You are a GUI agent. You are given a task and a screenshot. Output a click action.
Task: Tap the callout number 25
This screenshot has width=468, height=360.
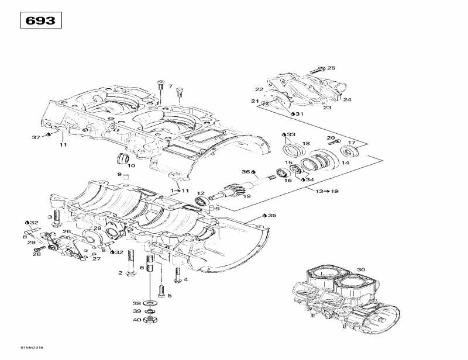coord(331,68)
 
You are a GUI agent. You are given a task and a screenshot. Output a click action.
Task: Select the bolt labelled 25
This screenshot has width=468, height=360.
coord(316,70)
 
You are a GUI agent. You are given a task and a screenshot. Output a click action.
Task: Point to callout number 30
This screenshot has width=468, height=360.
coord(360,269)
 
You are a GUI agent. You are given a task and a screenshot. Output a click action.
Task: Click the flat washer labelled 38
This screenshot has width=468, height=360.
coord(150,303)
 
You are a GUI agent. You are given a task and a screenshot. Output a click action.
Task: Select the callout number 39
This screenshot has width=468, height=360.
coord(136,311)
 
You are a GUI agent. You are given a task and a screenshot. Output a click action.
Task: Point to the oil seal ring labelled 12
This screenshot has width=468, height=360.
coord(200,202)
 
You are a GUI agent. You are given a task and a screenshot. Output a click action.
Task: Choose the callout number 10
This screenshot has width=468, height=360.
coord(131,166)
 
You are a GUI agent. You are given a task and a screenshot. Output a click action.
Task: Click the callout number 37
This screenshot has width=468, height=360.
coord(36,137)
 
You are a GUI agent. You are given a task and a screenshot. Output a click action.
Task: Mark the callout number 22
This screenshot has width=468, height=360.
coord(259,89)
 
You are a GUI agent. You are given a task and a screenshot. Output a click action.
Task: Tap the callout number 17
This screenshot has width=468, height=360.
coord(352,143)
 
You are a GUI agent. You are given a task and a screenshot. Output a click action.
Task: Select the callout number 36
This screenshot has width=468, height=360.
coord(246,172)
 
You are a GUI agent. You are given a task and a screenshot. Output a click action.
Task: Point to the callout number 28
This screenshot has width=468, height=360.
coord(37,254)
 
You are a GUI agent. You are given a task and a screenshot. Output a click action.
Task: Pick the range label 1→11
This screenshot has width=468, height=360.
coord(180,191)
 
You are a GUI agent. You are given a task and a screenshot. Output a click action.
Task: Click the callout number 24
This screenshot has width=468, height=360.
coord(347,100)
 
